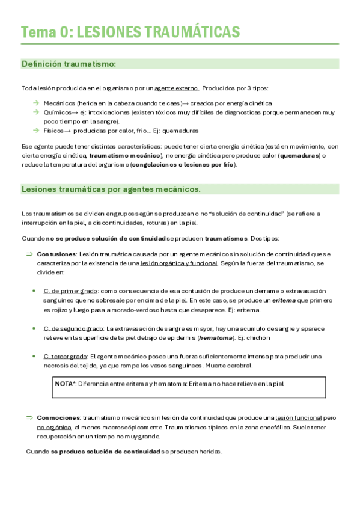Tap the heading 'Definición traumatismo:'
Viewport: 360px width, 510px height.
coord(69,64)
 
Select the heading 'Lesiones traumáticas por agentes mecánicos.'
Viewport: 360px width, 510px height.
coord(111,189)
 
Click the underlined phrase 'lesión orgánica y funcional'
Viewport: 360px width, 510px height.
coord(178,263)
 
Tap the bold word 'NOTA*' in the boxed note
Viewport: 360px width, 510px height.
coord(65,383)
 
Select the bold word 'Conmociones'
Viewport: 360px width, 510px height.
coord(58,417)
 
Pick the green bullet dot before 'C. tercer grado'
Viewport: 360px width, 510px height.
coord(34,357)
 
